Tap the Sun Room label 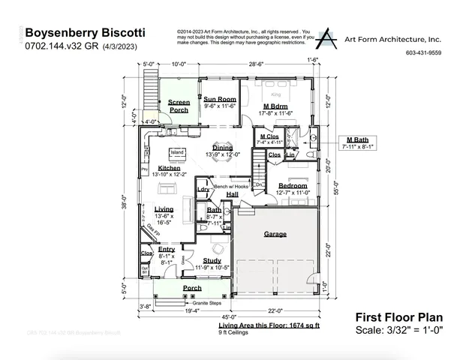220,99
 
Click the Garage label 275,234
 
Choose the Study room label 212,260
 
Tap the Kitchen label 169,168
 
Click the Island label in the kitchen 177,152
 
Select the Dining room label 222,148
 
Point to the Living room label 164,208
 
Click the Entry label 167,249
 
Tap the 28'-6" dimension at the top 257,64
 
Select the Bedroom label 293,185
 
